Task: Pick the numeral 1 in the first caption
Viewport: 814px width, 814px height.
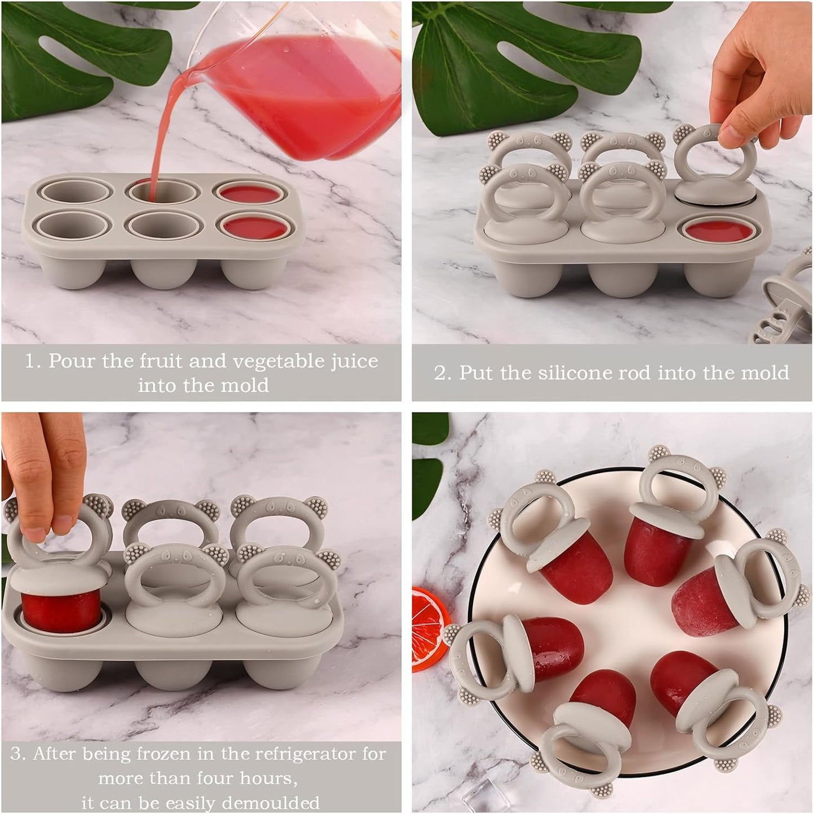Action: click(30, 361)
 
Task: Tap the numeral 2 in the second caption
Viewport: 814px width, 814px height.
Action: click(440, 373)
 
